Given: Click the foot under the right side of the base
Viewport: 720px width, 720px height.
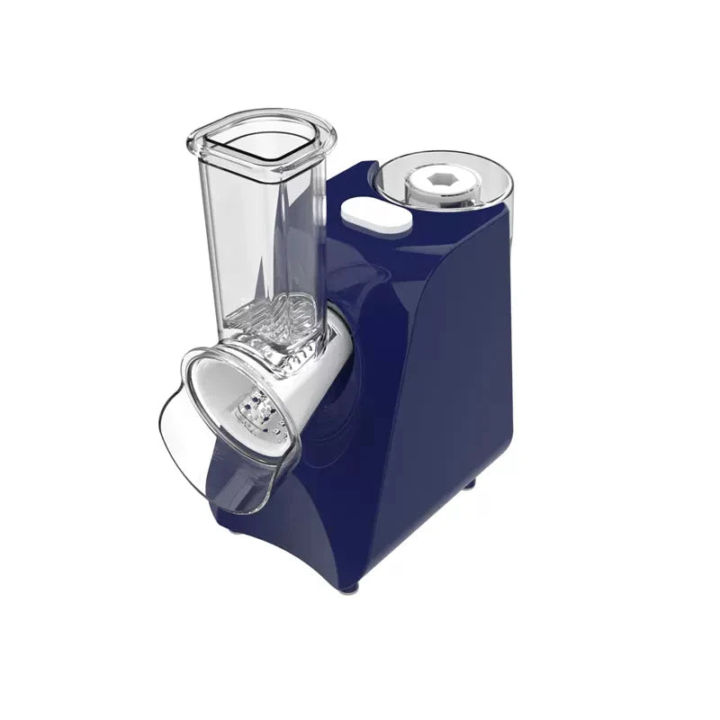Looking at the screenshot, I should tap(469, 485).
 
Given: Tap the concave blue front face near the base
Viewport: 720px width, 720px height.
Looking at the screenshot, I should tap(297, 531).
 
